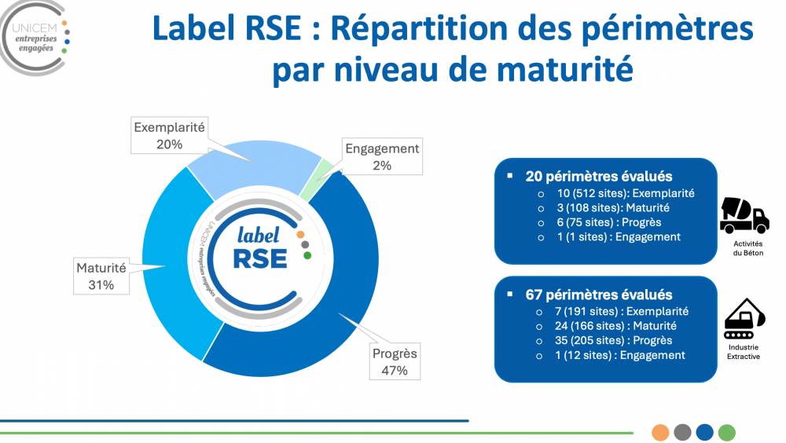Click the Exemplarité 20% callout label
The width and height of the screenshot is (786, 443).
click(169, 135)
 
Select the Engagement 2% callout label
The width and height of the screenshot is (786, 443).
click(382, 156)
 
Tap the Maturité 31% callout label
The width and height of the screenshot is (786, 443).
click(101, 276)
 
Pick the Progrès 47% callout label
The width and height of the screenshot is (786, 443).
click(395, 361)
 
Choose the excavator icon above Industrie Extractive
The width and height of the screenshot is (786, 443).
click(743, 318)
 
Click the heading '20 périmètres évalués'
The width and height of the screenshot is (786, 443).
click(599, 177)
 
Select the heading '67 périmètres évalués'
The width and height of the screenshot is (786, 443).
click(599, 295)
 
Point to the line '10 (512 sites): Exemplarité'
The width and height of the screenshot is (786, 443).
click(625, 193)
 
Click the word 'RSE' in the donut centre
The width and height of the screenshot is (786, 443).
click(259, 257)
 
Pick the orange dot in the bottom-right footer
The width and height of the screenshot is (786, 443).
click(660, 432)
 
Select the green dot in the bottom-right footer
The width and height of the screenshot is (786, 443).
click(727, 432)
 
